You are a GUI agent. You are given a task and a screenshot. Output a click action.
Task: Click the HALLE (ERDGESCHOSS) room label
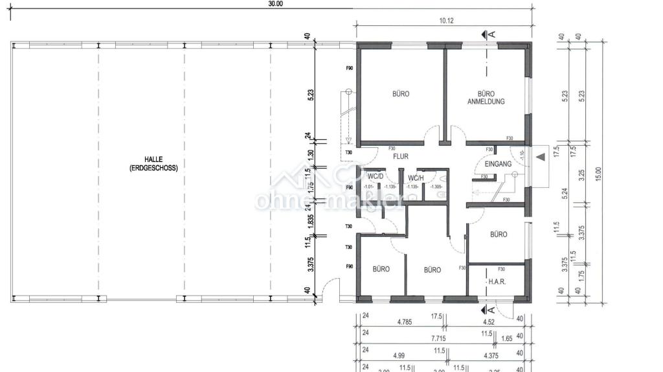click(153, 163)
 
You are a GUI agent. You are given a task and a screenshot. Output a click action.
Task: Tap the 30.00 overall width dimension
click(276, 3)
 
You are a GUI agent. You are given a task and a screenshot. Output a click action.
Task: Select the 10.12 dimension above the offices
click(446, 21)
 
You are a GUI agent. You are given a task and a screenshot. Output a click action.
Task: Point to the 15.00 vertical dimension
click(598, 173)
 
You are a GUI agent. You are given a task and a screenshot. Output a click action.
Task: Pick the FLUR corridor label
click(401, 156)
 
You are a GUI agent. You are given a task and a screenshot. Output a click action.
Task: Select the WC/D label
click(376, 176)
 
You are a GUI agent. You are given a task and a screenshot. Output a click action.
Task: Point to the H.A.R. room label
click(497, 282)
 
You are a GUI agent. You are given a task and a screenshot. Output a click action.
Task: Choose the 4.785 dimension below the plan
click(405, 321)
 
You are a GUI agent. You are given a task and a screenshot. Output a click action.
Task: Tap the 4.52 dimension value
click(489, 321)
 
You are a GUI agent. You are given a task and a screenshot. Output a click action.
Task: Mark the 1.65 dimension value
click(507, 338)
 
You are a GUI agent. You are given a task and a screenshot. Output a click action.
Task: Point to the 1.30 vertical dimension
click(310, 155)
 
